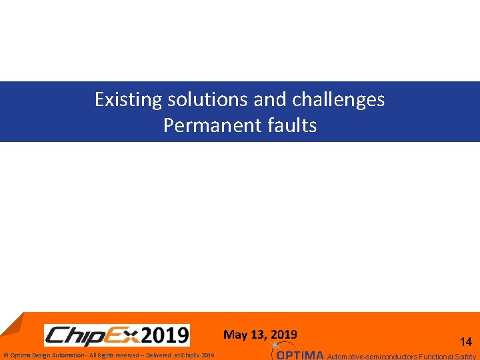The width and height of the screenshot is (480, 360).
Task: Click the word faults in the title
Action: pyautogui.click(x=291, y=125)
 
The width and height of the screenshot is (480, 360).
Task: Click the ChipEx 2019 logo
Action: pyautogui.click(x=117, y=335)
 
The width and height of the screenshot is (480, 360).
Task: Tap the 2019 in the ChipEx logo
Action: pyautogui.click(x=165, y=335)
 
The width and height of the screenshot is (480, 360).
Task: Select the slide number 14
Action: pyautogui.click(x=466, y=342)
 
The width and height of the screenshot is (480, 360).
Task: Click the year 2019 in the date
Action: pyautogui.click(x=285, y=335)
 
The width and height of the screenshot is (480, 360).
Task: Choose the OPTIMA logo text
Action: pyautogui.click(x=300, y=355)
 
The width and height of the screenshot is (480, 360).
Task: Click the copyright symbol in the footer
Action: pyautogui.click(x=5, y=355)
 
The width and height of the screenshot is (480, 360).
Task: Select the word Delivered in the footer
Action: pyautogui.click(x=159, y=355)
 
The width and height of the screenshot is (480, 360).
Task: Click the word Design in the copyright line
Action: pyautogui.click(x=38, y=355)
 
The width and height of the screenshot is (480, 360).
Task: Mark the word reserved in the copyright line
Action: pyautogui.click(x=127, y=355)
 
